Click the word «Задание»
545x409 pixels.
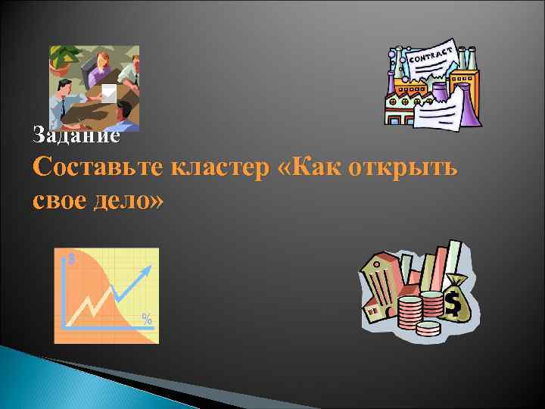pos(76,136)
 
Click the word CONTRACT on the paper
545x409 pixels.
pos(431,55)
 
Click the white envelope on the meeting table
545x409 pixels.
pos(110,92)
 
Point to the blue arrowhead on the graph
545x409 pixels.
pos(143,274)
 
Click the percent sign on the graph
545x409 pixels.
pos(147,319)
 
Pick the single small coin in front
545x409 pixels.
pos(428,327)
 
